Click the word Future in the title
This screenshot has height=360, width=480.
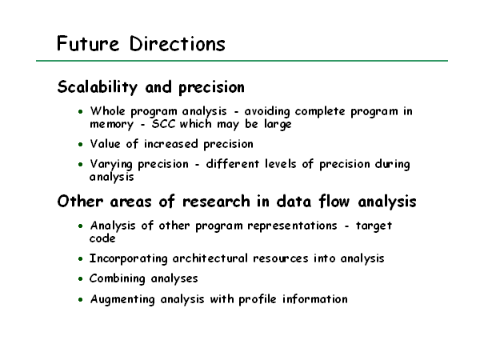pyautogui.click(x=88, y=43)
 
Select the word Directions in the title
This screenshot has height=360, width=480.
pyautogui.click(x=178, y=43)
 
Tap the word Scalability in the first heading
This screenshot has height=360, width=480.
pyautogui.click(x=98, y=87)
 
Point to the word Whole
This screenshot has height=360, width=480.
pyautogui.click(x=107, y=111)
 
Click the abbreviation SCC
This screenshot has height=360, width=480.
pyautogui.click(x=164, y=124)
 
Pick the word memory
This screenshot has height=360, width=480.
pyautogui.click(x=112, y=125)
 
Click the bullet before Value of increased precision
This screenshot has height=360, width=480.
pyautogui.click(x=81, y=144)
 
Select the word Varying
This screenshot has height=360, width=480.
pyautogui.click(x=111, y=165)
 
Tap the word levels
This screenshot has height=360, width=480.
pyautogui.click(x=281, y=164)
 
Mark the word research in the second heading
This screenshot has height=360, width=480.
pyautogui.click(x=216, y=202)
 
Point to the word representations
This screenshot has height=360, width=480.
pyautogui.click(x=292, y=226)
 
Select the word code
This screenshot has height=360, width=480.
pyautogui.click(x=102, y=238)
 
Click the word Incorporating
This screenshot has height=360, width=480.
pyautogui.click(x=129, y=258)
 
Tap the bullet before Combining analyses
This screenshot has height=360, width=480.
pyautogui.click(x=81, y=279)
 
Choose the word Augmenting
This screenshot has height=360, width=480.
pyautogui.click(x=122, y=299)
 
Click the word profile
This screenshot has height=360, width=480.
pyautogui.click(x=258, y=299)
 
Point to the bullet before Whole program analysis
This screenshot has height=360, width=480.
pyautogui.click(x=81, y=112)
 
